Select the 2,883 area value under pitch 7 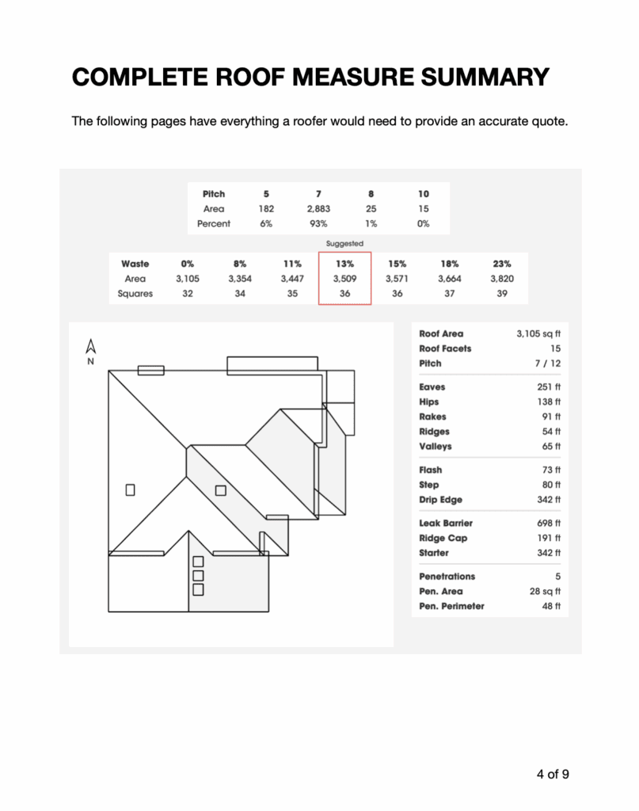click(x=318, y=209)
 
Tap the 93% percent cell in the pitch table click(x=318, y=224)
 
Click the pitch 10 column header click(x=424, y=194)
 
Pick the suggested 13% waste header click(x=344, y=264)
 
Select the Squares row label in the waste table click(x=136, y=293)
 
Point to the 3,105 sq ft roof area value click(x=538, y=334)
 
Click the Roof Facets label click(x=445, y=348)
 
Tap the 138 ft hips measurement click(x=547, y=402)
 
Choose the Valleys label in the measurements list click(x=436, y=447)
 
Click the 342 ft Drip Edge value click(x=547, y=500)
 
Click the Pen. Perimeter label click(x=451, y=606)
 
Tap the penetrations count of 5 click(x=557, y=577)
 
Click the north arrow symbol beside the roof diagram click(x=90, y=348)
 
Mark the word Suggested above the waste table click(x=344, y=244)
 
